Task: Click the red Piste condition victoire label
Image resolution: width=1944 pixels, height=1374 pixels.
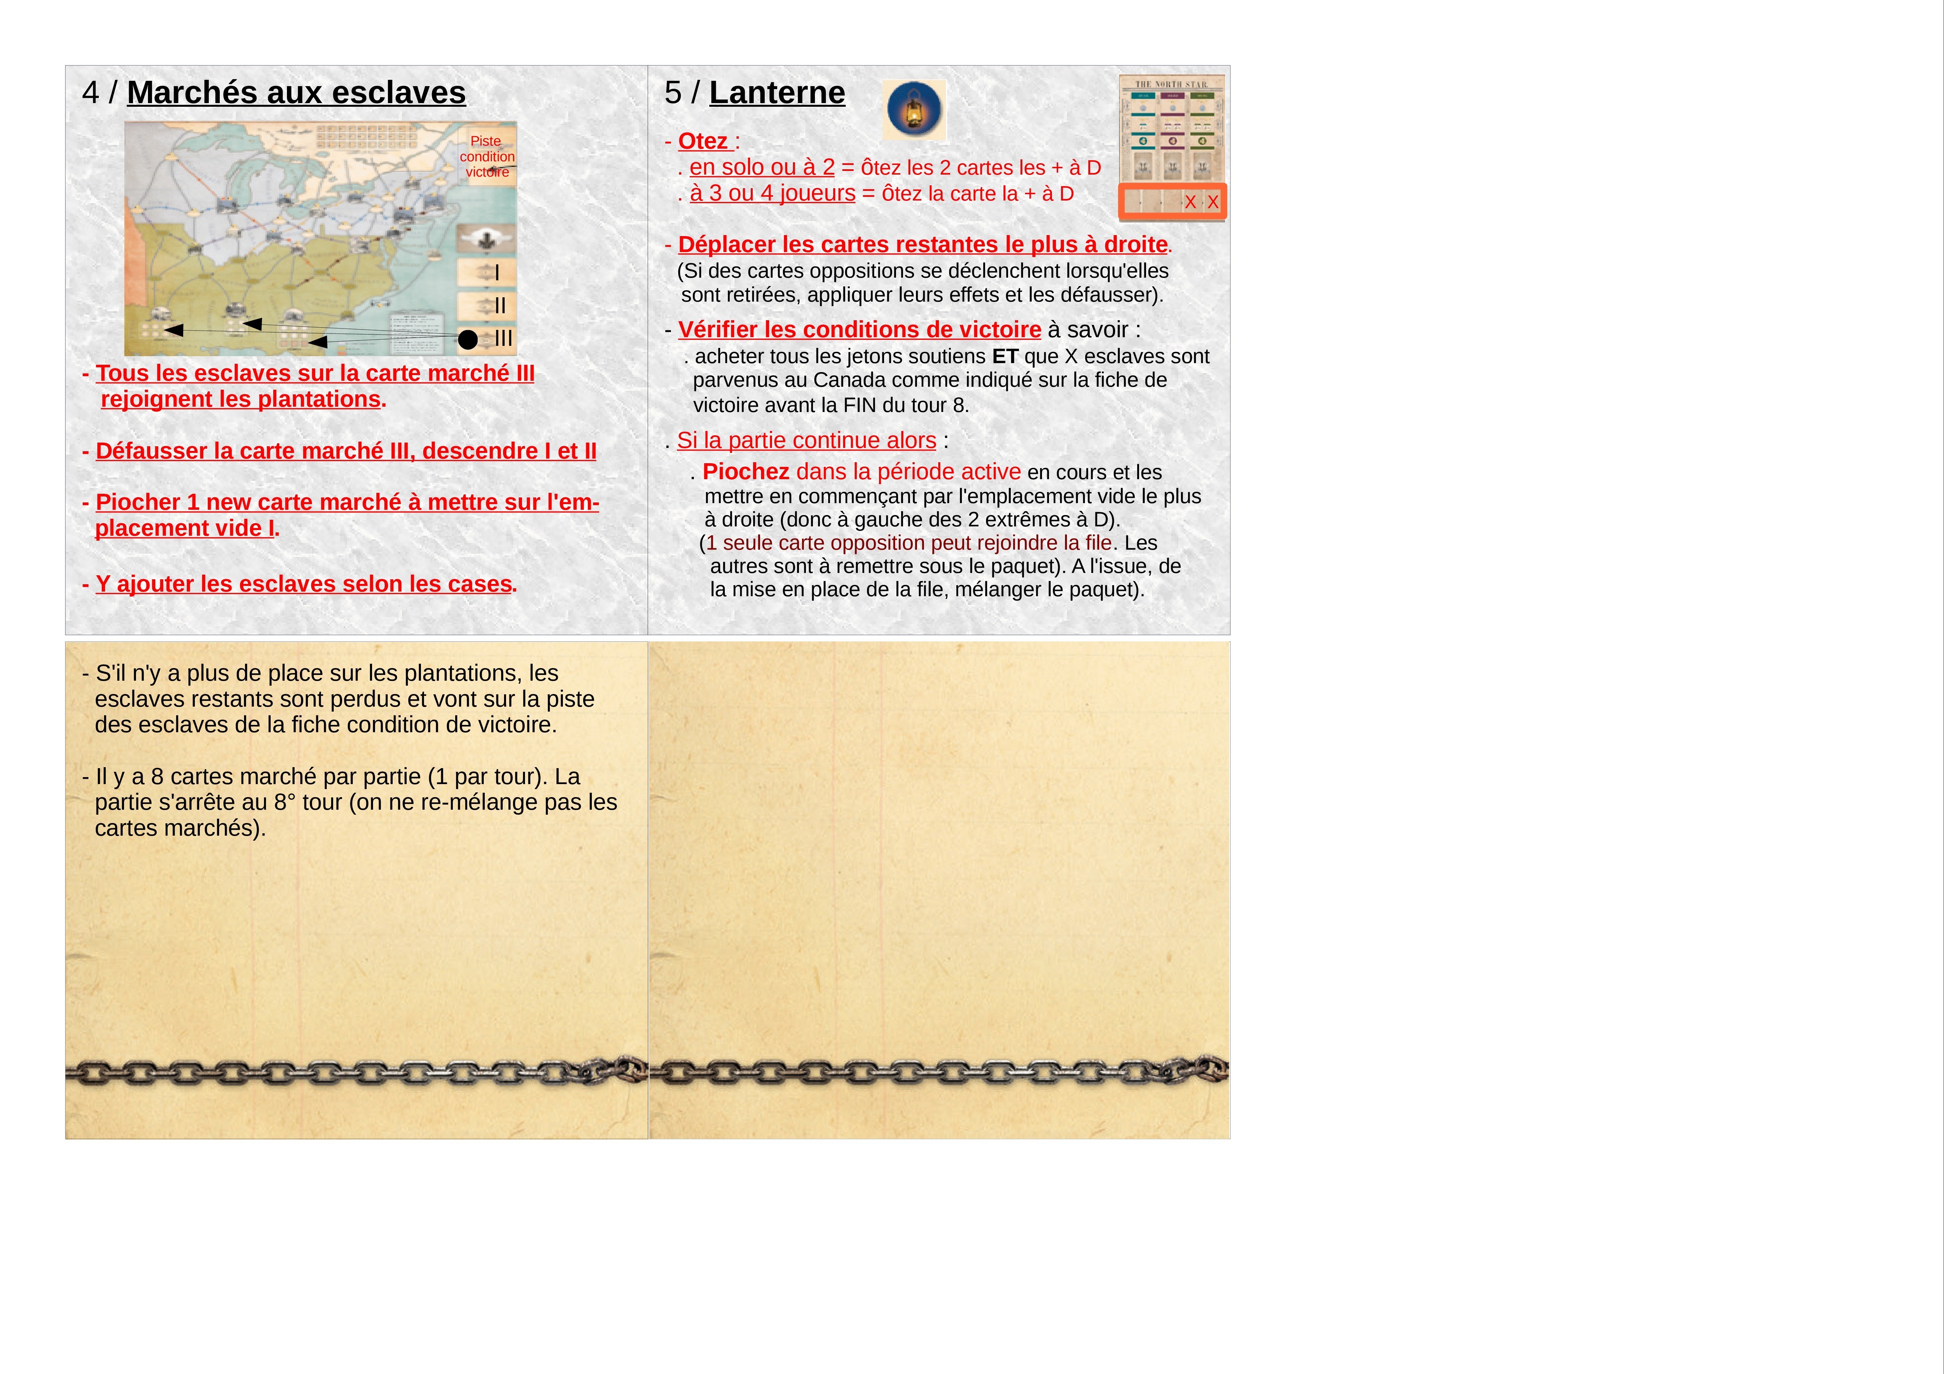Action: pos(487,157)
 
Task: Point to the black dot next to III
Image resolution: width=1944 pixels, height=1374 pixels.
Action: pos(467,340)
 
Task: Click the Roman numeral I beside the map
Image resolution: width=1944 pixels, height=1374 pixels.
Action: pos(497,273)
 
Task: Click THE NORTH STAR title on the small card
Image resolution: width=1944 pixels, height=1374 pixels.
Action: pos(1172,85)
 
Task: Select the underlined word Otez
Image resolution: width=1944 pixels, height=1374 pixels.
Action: pos(703,141)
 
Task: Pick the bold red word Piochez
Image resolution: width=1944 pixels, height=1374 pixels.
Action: pos(745,472)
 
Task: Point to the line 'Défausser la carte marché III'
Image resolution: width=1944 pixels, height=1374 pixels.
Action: pos(345,451)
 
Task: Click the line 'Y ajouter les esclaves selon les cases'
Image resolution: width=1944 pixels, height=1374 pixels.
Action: pos(303,584)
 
